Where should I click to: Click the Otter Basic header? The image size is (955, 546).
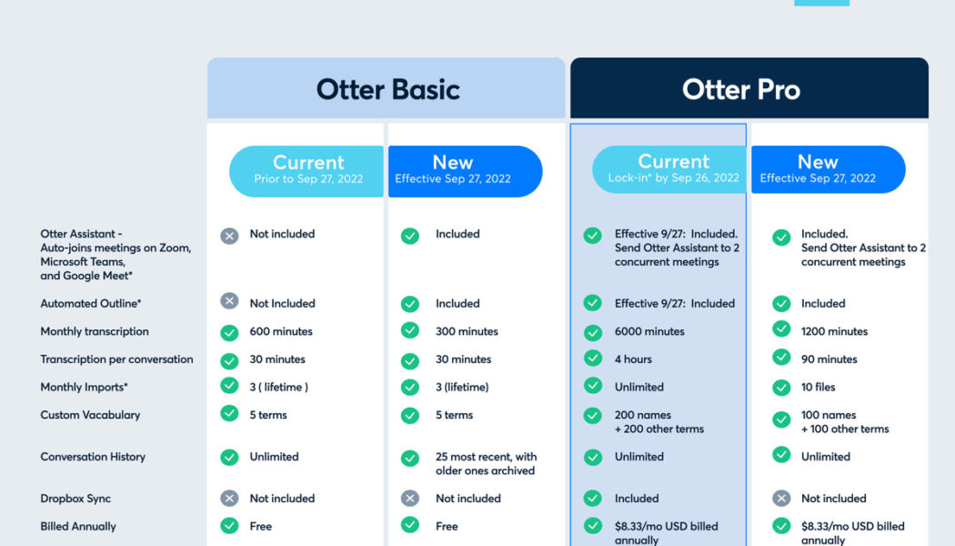pyautogui.click(x=387, y=89)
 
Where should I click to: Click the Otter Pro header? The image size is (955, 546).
pyautogui.click(x=741, y=89)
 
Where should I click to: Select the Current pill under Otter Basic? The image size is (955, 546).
pyautogui.click(x=307, y=170)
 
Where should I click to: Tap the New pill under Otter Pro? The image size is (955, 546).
pyautogui.click(x=817, y=169)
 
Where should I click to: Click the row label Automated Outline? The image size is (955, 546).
pyautogui.click(x=91, y=303)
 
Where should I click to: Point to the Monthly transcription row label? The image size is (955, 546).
pyautogui.click(x=95, y=331)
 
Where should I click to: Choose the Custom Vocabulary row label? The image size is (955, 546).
pyautogui.click(x=90, y=415)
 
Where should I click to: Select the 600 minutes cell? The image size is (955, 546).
pyautogui.click(x=281, y=331)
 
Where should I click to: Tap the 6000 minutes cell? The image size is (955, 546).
pyautogui.click(x=649, y=331)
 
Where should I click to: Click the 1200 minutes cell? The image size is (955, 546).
pyautogui.click(x=834, y=331)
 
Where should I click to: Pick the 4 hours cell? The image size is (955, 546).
pyautogui.click(x=633, y=359)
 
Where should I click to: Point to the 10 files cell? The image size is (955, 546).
pyautogui.click(x=818, y=387)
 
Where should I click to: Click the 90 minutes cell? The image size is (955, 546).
pyautogui.click(x=829, y=359)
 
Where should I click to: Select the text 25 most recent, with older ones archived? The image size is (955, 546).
pyautogui.click(x=486, y=463)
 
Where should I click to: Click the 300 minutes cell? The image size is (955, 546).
pyautogui.click(x=467, y=331)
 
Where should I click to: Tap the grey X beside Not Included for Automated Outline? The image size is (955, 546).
pyautogui.click(x=229, y=301)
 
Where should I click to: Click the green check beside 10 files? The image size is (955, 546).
pyautogui.click(x=781, y=388)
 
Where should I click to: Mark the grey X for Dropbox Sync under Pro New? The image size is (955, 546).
pyautogui.click(x=781, y=499)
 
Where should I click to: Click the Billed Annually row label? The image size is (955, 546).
pyautogui.click(x=78, y=526)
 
